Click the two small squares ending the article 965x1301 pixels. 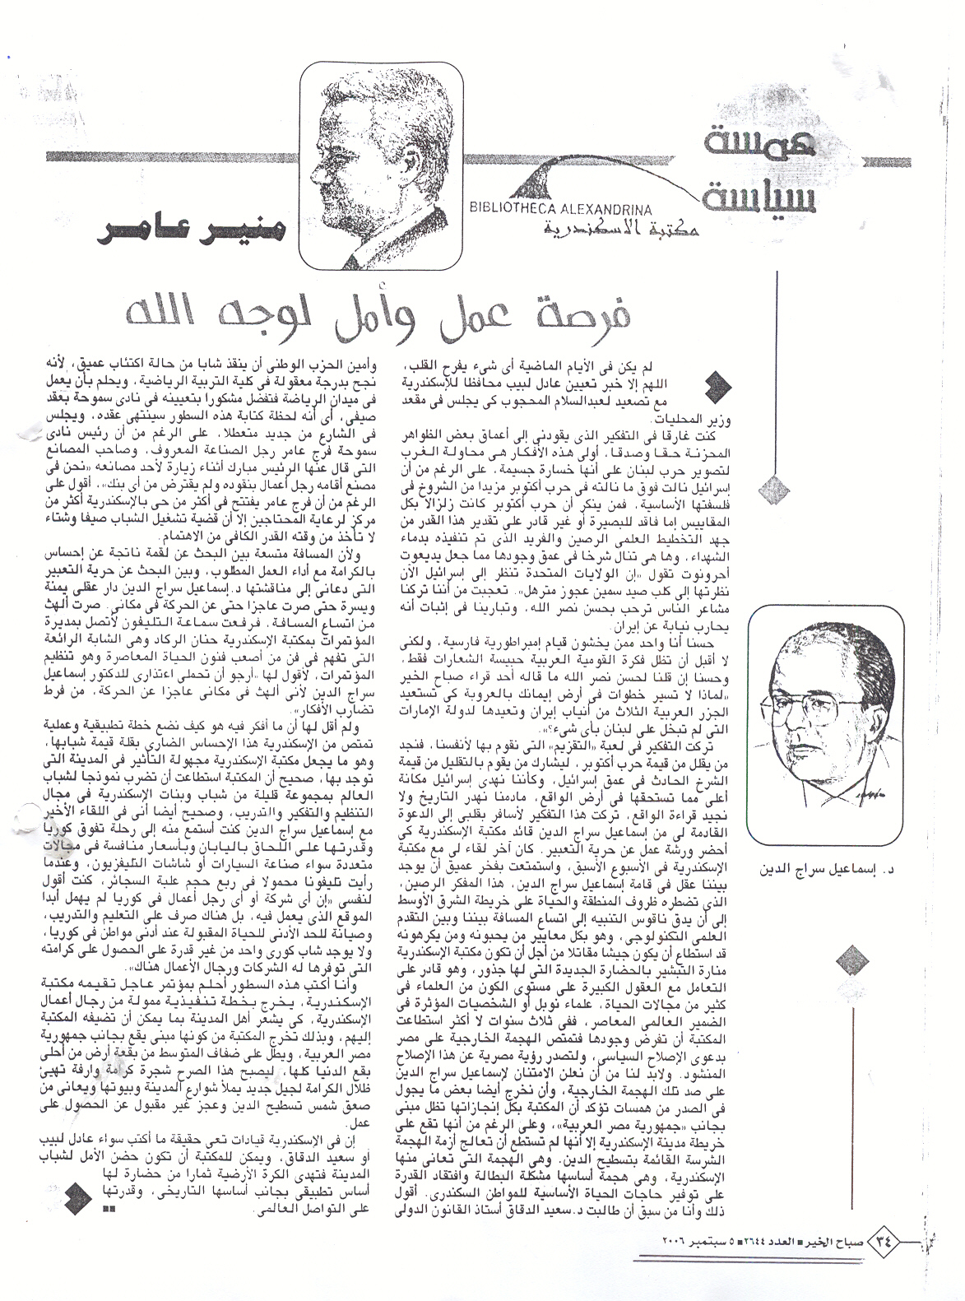[x=104, y=1210]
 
